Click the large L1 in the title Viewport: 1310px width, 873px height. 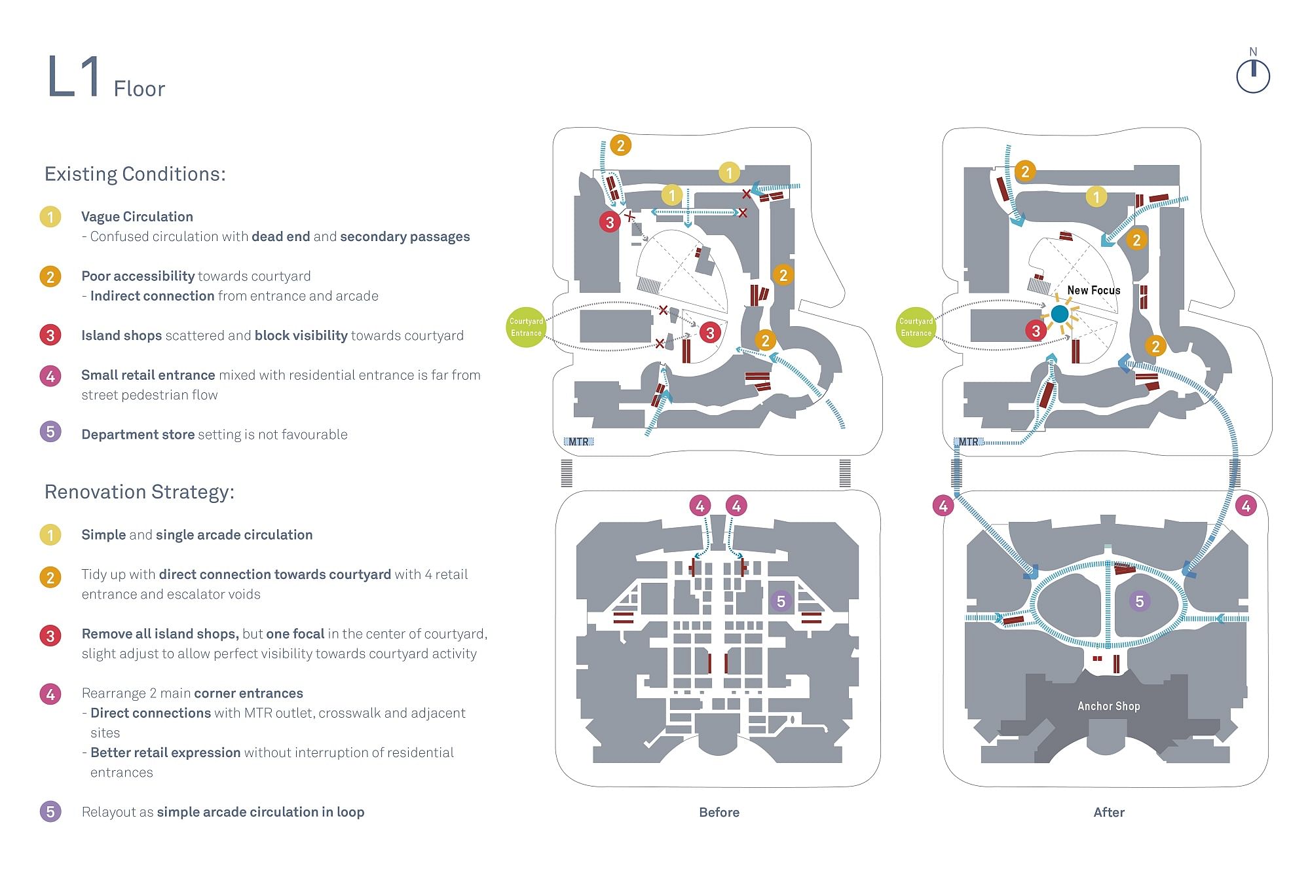[x=73, y=77]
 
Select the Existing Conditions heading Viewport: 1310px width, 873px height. [x=135, y=174]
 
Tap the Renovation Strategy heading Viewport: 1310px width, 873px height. [x=139, y=492]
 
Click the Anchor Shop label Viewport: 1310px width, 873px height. [x=1108, y=706]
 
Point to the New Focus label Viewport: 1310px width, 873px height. [x=1093, y=290]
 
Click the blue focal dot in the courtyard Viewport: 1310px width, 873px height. [x=1059, y=314]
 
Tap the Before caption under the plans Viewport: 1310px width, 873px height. [x=719, y=812]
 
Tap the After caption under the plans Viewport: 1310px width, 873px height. [x=1108, y=812]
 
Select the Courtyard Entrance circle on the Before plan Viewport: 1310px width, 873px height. [x=526, y=327]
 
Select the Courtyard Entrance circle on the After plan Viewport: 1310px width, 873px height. [x=915, y=327]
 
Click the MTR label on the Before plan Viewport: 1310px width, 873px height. [x=578, y=442]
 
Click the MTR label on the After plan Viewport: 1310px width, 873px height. [x=968, y=442]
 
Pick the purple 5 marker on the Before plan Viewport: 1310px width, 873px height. [x=780, y=601]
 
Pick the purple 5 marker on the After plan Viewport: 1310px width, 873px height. [x=1139, y=601]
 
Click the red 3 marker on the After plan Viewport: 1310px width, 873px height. [x=1036, y=331]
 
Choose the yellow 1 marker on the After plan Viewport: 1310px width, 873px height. [x=1096, y=196]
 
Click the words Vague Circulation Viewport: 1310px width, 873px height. [x=137, y=217]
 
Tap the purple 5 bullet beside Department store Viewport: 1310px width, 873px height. [x=50, y=432]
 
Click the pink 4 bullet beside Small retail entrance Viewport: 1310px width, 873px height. [x=50, y=376]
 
